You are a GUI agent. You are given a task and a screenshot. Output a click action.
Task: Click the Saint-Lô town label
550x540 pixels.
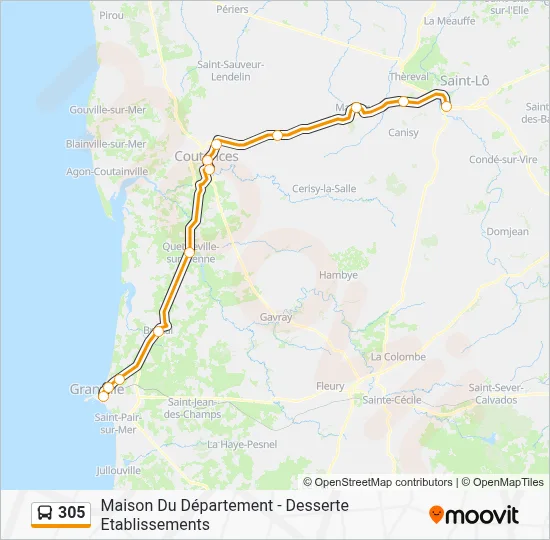point(464,81)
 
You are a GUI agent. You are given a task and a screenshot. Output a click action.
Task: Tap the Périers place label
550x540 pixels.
point(231,9)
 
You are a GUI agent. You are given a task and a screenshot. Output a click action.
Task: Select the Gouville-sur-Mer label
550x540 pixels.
point(108,110)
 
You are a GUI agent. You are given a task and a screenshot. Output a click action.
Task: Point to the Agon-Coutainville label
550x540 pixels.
point(107,171)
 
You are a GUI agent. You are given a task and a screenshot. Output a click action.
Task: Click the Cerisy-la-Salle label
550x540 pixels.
point(324,188)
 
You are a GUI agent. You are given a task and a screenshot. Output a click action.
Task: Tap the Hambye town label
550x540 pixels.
point(338,275)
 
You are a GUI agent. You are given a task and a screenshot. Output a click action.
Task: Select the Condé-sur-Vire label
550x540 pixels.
point(504,159)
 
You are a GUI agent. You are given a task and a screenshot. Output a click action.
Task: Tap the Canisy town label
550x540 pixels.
point(403,132)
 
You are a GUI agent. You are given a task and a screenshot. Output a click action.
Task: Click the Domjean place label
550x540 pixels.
point(509,231)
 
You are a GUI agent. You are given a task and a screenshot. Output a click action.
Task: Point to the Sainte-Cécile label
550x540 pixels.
point(391,400)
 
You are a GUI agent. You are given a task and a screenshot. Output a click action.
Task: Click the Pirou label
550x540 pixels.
point(112,16)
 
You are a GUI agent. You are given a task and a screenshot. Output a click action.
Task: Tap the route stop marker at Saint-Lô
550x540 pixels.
point(446,106)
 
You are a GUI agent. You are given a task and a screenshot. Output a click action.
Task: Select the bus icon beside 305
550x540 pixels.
point(45,514)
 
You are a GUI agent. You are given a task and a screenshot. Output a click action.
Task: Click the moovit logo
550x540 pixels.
point(474,515)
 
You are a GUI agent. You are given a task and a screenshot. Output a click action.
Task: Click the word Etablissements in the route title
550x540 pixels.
point(155,524)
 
